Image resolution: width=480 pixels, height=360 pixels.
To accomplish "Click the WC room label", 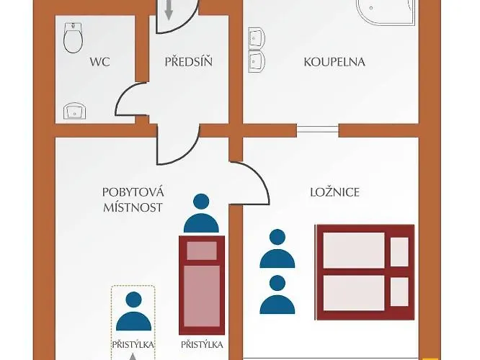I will (99, 62).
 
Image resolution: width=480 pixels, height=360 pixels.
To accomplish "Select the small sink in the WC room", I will (74, 112).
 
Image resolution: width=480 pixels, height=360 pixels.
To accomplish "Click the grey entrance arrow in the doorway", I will (169, 9).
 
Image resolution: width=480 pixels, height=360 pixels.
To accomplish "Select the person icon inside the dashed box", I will (133, 311).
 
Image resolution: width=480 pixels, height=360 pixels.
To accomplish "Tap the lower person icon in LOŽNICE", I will (277, 294).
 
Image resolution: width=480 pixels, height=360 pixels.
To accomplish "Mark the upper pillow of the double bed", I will (399, 250).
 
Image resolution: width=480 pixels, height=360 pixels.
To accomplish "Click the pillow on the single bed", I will (202, 251).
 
